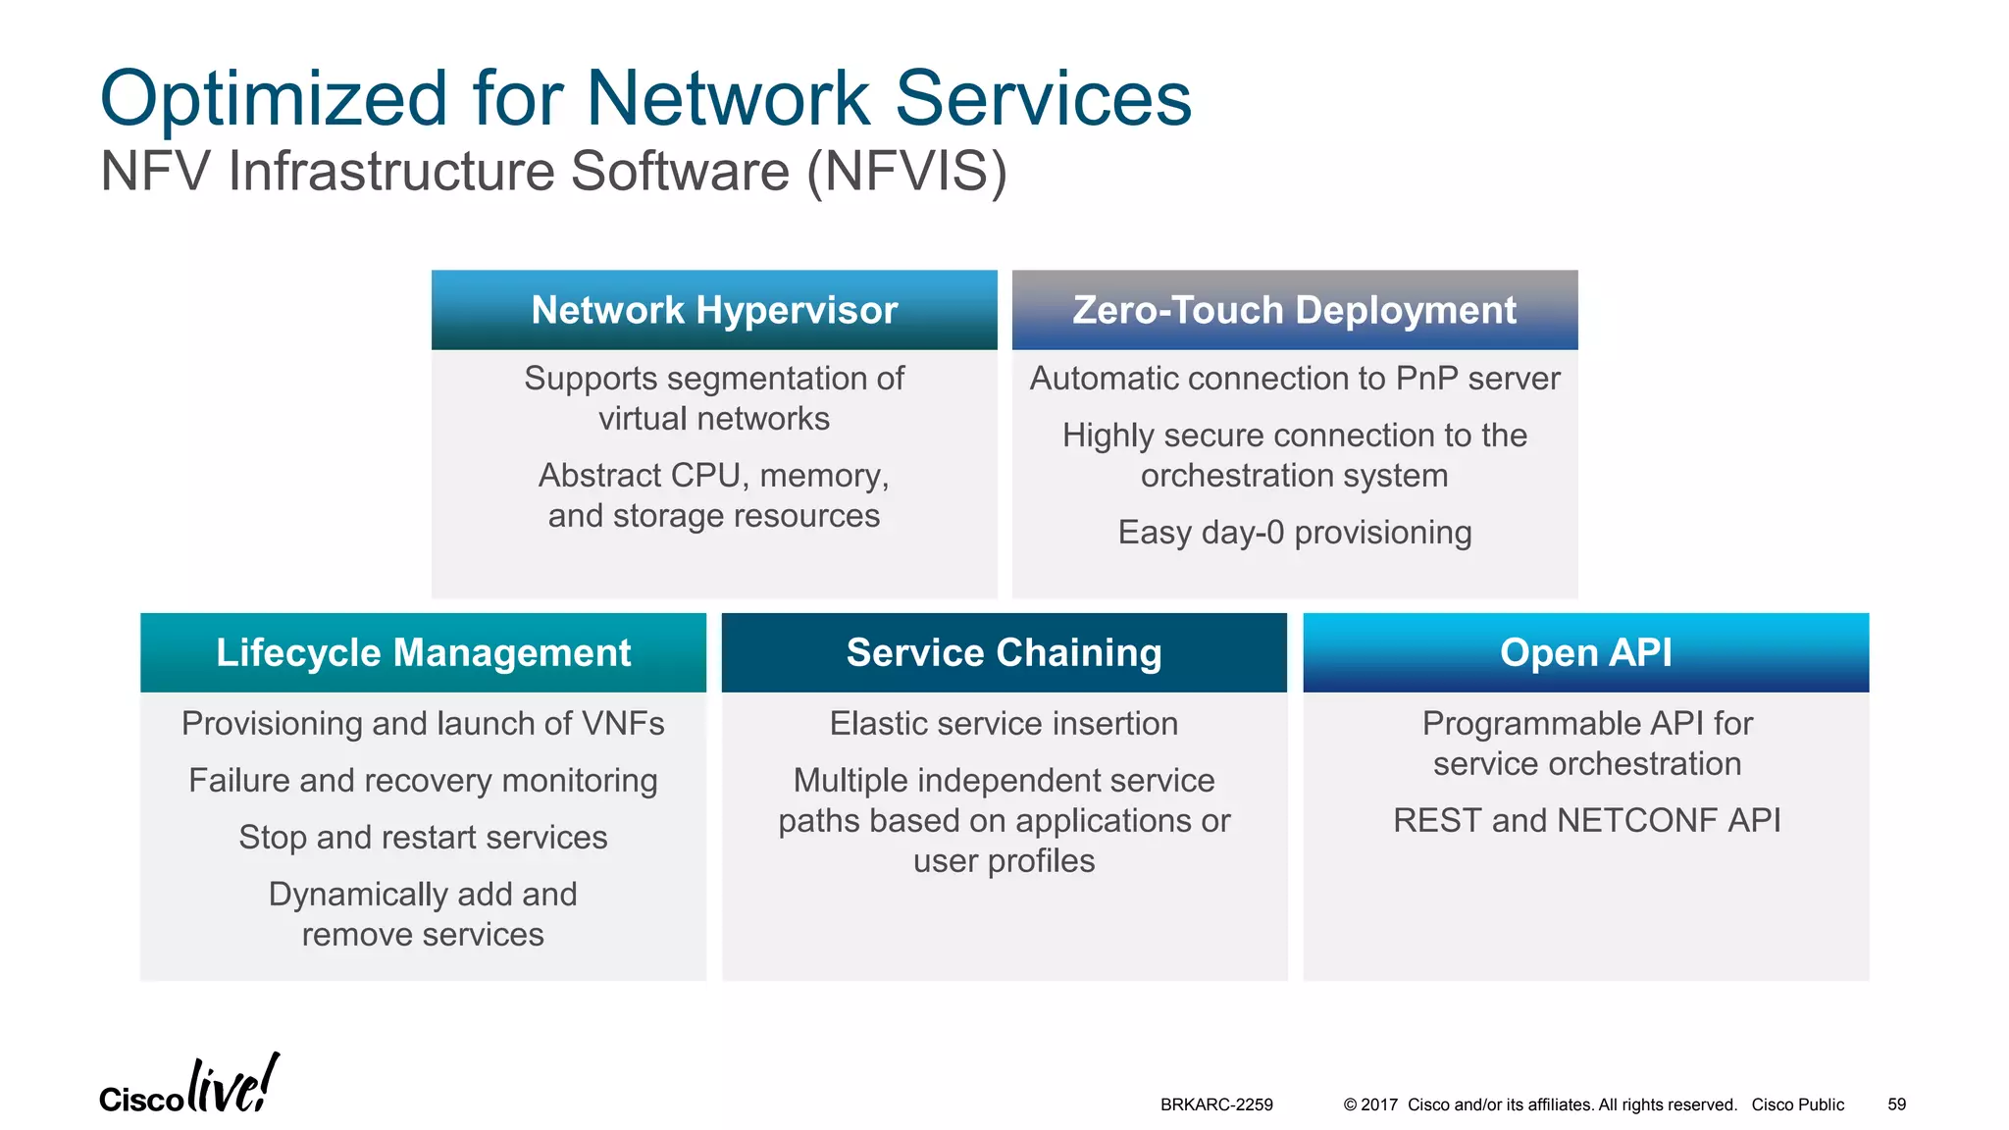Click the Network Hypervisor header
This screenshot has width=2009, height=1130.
(x=714, y=310)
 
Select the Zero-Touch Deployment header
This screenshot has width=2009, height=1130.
(x=1294, y=310)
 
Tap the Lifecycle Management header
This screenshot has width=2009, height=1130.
(x=423, y=653)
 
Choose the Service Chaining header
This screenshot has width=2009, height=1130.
(x=1004, y=653)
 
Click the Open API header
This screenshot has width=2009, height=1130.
(x=1585, y=653)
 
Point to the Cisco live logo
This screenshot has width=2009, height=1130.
(x=189, y=1087)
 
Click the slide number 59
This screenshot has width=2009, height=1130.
(x=1896, y=1104)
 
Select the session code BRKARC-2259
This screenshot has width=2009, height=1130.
(x=1216, y=1104)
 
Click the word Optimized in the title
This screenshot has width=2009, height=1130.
(x=275, y=100)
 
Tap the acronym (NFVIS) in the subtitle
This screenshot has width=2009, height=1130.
(x=906, y=172)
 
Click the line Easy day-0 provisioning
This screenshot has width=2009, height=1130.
(x=1294, y=533)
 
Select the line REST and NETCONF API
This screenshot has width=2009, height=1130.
(x=1586, y=820)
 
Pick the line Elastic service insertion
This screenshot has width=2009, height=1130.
(x=1004, y=724)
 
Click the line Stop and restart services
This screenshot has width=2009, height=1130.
(x=423, y=838)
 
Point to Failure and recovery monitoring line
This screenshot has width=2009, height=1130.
(x=423, y=781)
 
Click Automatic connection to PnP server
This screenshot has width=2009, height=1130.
(x=1294, y=379)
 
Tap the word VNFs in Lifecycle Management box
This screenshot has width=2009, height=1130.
(x=623, y=724)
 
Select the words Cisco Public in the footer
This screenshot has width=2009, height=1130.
(x=1797, y=1104)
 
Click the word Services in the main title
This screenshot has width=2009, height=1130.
(x=1043, y=100)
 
